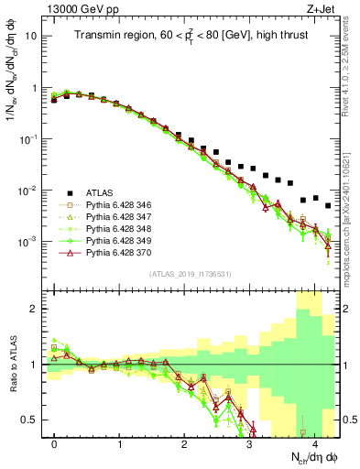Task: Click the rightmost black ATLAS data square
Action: (x=328, y=206)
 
